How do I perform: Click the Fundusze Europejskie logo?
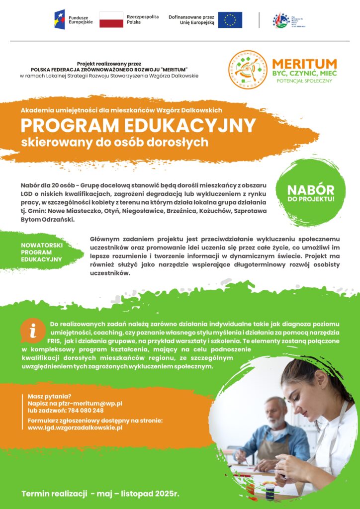click(x=74, y=19)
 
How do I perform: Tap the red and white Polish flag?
click(x=111, y=19)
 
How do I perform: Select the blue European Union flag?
click(x=230, y=20)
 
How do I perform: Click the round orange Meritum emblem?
click(x=247, y=70)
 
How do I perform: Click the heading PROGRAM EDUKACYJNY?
click(x=138, y=125)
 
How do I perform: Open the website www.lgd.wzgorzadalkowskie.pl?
click(x=75, y=427)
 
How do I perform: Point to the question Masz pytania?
click(x=50, y=396)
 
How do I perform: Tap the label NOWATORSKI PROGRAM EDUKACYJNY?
click(x=42, y=252)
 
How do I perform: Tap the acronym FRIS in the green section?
click(x=54, y=341)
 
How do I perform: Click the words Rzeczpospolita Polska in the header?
click(x=142, y=19)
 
